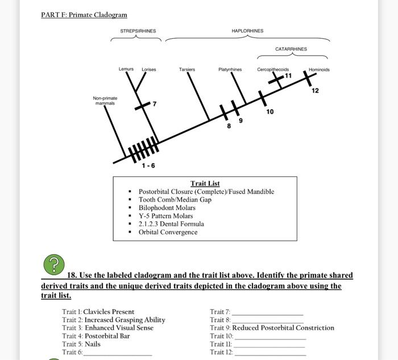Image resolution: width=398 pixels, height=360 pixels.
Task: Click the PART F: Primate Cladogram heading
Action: click(84, 15)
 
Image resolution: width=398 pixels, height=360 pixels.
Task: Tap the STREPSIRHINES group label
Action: click(138, 31)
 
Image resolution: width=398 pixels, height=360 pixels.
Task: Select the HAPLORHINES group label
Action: click(247, 31)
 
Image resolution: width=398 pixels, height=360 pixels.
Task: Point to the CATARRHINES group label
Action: click(291, 49)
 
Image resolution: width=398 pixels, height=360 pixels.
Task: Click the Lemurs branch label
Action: click(126, 69)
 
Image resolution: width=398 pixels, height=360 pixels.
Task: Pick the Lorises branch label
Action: click(149, 70)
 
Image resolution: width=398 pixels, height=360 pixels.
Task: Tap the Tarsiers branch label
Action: click(187, 70)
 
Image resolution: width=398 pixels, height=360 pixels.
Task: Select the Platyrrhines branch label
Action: click(230, 70)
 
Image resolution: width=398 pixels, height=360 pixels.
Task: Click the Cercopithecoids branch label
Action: click(273, 70)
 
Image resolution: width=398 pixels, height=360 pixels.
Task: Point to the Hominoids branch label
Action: click(319, 70)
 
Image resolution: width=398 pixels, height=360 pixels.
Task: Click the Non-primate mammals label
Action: click(105, 101)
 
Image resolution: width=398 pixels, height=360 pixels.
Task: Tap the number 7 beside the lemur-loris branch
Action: click(154, 104)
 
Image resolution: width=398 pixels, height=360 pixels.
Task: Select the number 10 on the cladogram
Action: click(270, 112)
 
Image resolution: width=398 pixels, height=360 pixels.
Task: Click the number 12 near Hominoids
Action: click(315, 91)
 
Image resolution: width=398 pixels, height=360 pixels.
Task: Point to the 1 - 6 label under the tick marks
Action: click(148, 166)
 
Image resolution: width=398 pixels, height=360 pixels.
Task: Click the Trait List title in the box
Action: click(205, 183)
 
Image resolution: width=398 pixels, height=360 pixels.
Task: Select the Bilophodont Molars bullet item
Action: click(167, 208)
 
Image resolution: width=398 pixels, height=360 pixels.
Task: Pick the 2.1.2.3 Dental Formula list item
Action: click(171, 224)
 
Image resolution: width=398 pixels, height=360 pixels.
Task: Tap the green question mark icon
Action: click(53, 264)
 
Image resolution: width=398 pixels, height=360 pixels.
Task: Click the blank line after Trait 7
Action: click(267, 313)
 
